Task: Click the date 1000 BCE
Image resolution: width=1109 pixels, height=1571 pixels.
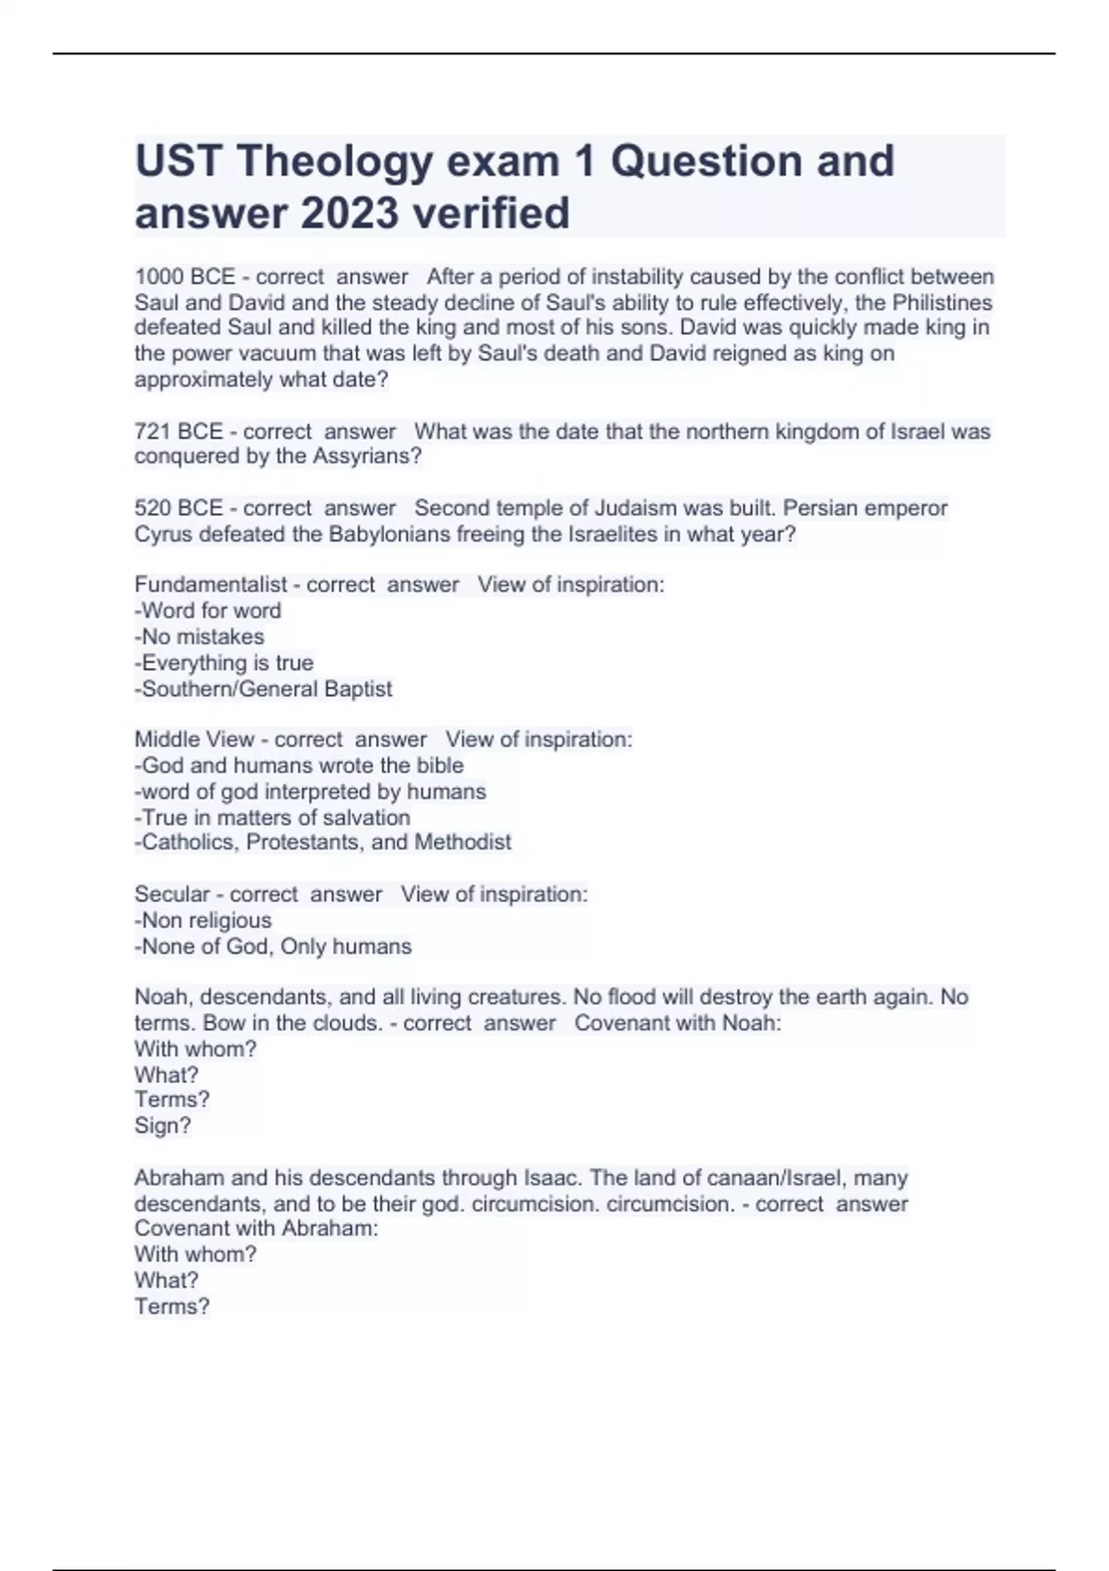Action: [x=185, y=276]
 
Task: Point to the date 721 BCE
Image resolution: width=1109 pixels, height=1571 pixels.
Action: [x=178, y=432]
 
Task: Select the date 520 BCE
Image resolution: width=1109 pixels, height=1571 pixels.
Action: [x=178, y=508]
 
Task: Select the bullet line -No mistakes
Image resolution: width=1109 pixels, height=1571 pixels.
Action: [x=200, y=637]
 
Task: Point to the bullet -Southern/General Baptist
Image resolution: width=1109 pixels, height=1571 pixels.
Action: [x=263, y=689]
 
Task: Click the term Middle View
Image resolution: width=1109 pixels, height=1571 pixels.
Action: [x=194, y=739]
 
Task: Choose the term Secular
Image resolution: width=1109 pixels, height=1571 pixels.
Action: [x=172, y=895]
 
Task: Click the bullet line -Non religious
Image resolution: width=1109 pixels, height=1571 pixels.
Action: [x=203, y=920]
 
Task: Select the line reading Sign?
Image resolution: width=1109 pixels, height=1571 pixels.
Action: [x=163, y=1126]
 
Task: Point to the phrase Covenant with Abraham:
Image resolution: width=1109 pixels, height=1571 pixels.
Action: [x=256, y=1229]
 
